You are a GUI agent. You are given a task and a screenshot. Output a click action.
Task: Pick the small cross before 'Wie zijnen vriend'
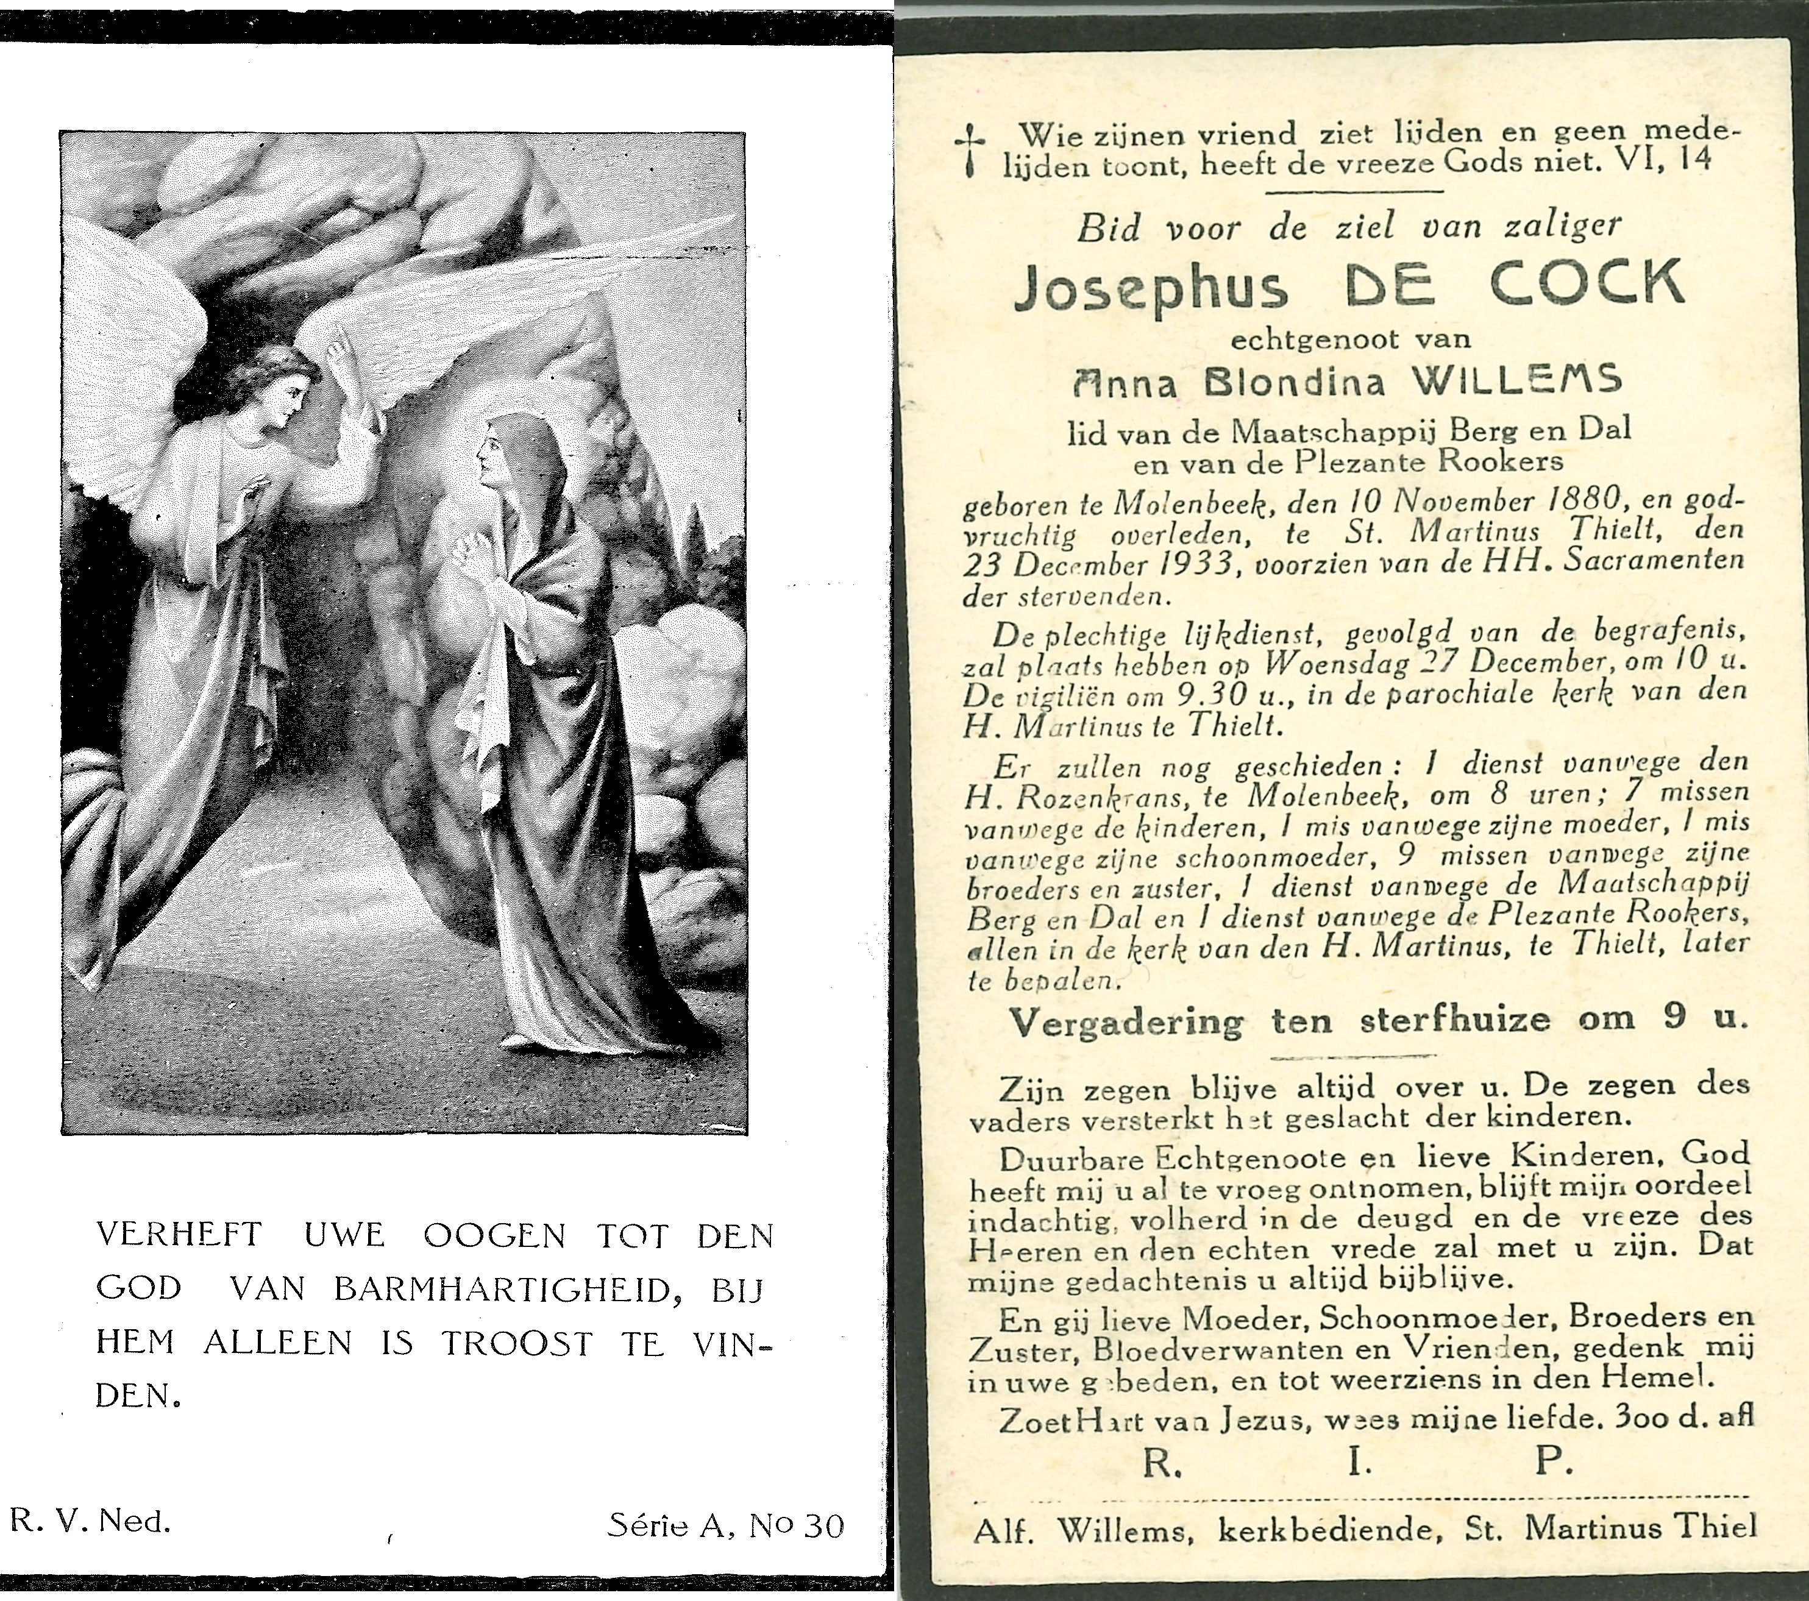[970, 151]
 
